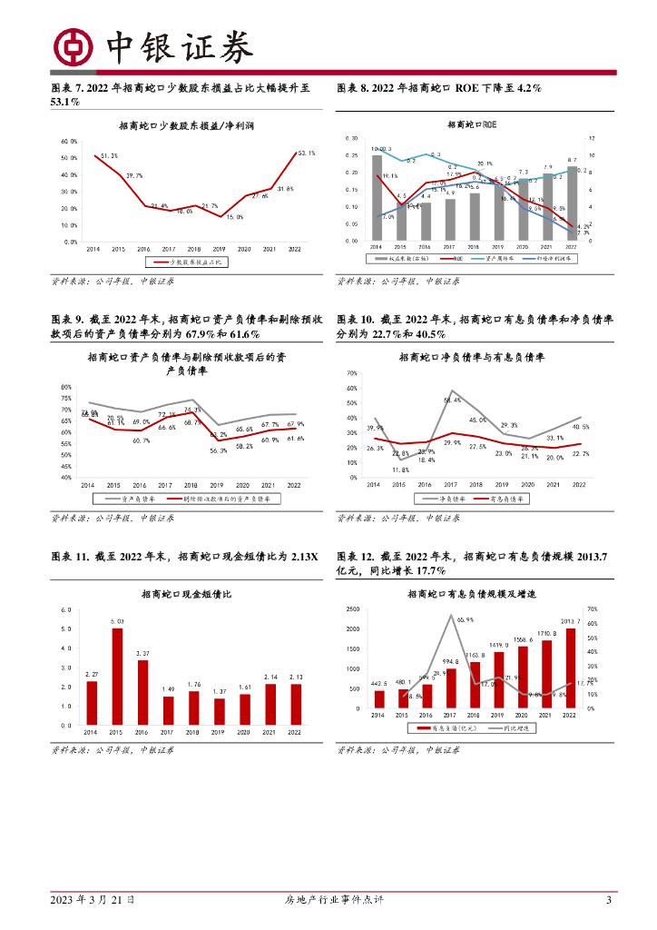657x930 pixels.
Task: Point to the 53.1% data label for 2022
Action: point(305,153)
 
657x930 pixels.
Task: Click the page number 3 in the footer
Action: point(609,900)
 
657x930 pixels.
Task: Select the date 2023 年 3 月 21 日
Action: point(93,900)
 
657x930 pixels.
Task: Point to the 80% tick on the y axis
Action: point(66,388)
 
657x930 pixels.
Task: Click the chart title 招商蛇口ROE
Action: point(470,124)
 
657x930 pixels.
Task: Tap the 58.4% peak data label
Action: point(453,400)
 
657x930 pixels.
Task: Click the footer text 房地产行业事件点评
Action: point(328,900)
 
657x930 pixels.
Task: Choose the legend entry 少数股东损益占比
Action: point(197,261)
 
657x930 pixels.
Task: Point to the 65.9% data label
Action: point(465,619)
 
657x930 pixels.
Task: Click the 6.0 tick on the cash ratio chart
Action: point(66,609)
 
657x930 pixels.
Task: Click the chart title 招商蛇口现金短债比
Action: point(187,594)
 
